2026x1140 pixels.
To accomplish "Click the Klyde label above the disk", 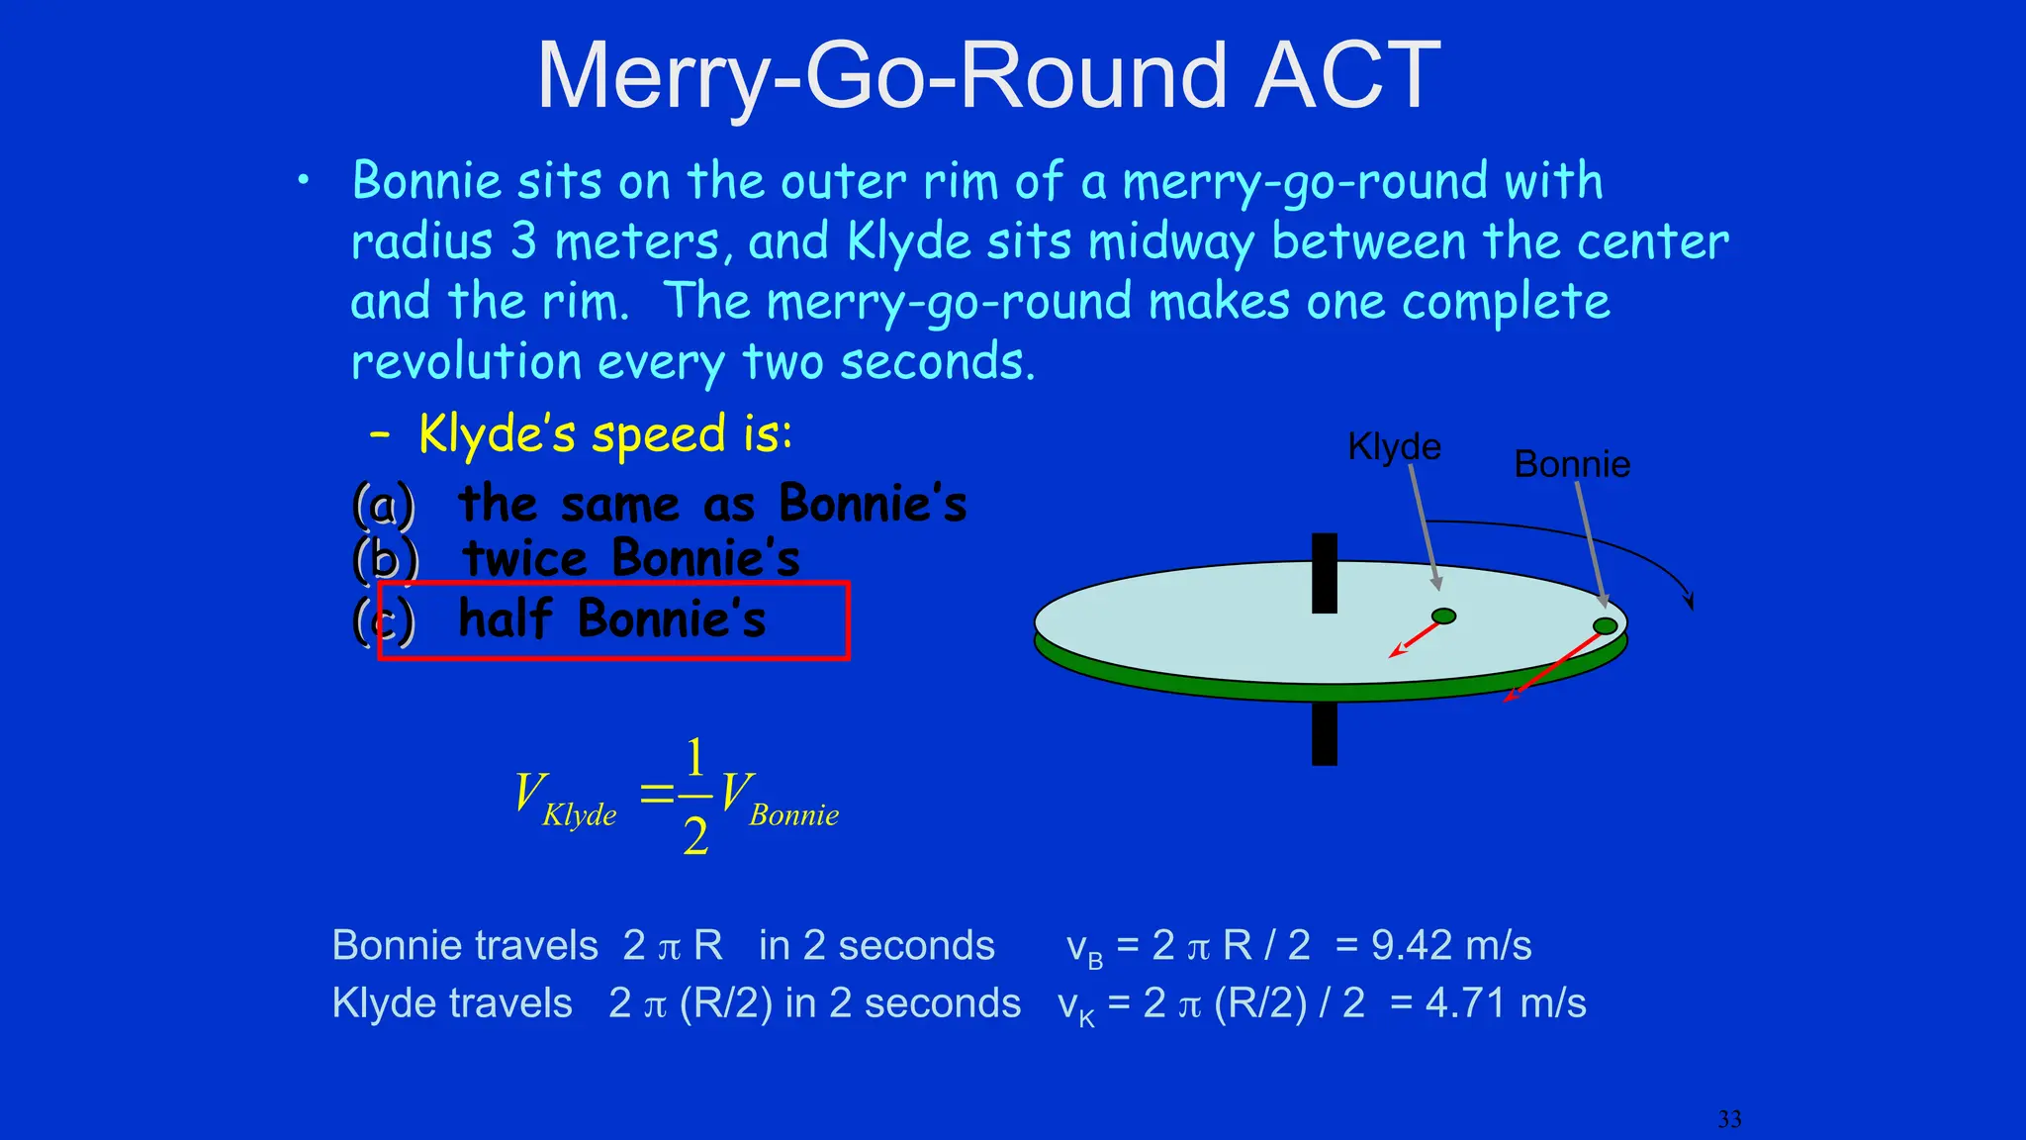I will coord(1394,446).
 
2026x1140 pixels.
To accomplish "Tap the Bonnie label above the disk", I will coord(1571,464).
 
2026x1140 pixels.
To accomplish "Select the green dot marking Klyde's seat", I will coord(1443,617).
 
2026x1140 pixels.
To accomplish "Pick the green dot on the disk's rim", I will coord(1605,625).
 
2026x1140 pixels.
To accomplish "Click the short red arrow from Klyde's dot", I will coord(1415,639).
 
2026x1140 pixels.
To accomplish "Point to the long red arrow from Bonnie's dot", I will coord(1553,668).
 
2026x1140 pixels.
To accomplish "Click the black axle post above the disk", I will coord(1324,572).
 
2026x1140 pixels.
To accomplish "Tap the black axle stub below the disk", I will coord(1324,733).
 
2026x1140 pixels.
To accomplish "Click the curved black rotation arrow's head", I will coord(1689,600).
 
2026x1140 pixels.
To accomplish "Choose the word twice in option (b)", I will coord(525,559).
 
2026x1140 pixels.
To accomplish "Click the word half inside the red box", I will coord(505,619).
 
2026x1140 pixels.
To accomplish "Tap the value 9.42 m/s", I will coord(1450,946).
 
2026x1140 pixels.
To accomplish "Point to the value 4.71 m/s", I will coord(1505,1003).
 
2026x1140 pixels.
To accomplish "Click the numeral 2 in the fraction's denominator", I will coord(695,837).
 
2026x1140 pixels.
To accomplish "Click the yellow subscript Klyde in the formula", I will coord(579,815).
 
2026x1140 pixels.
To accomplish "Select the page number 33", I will coord(1728,1119).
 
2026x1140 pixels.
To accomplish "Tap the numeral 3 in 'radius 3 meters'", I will coord(523,241).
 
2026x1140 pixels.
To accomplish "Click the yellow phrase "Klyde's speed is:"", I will coord(604,434).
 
